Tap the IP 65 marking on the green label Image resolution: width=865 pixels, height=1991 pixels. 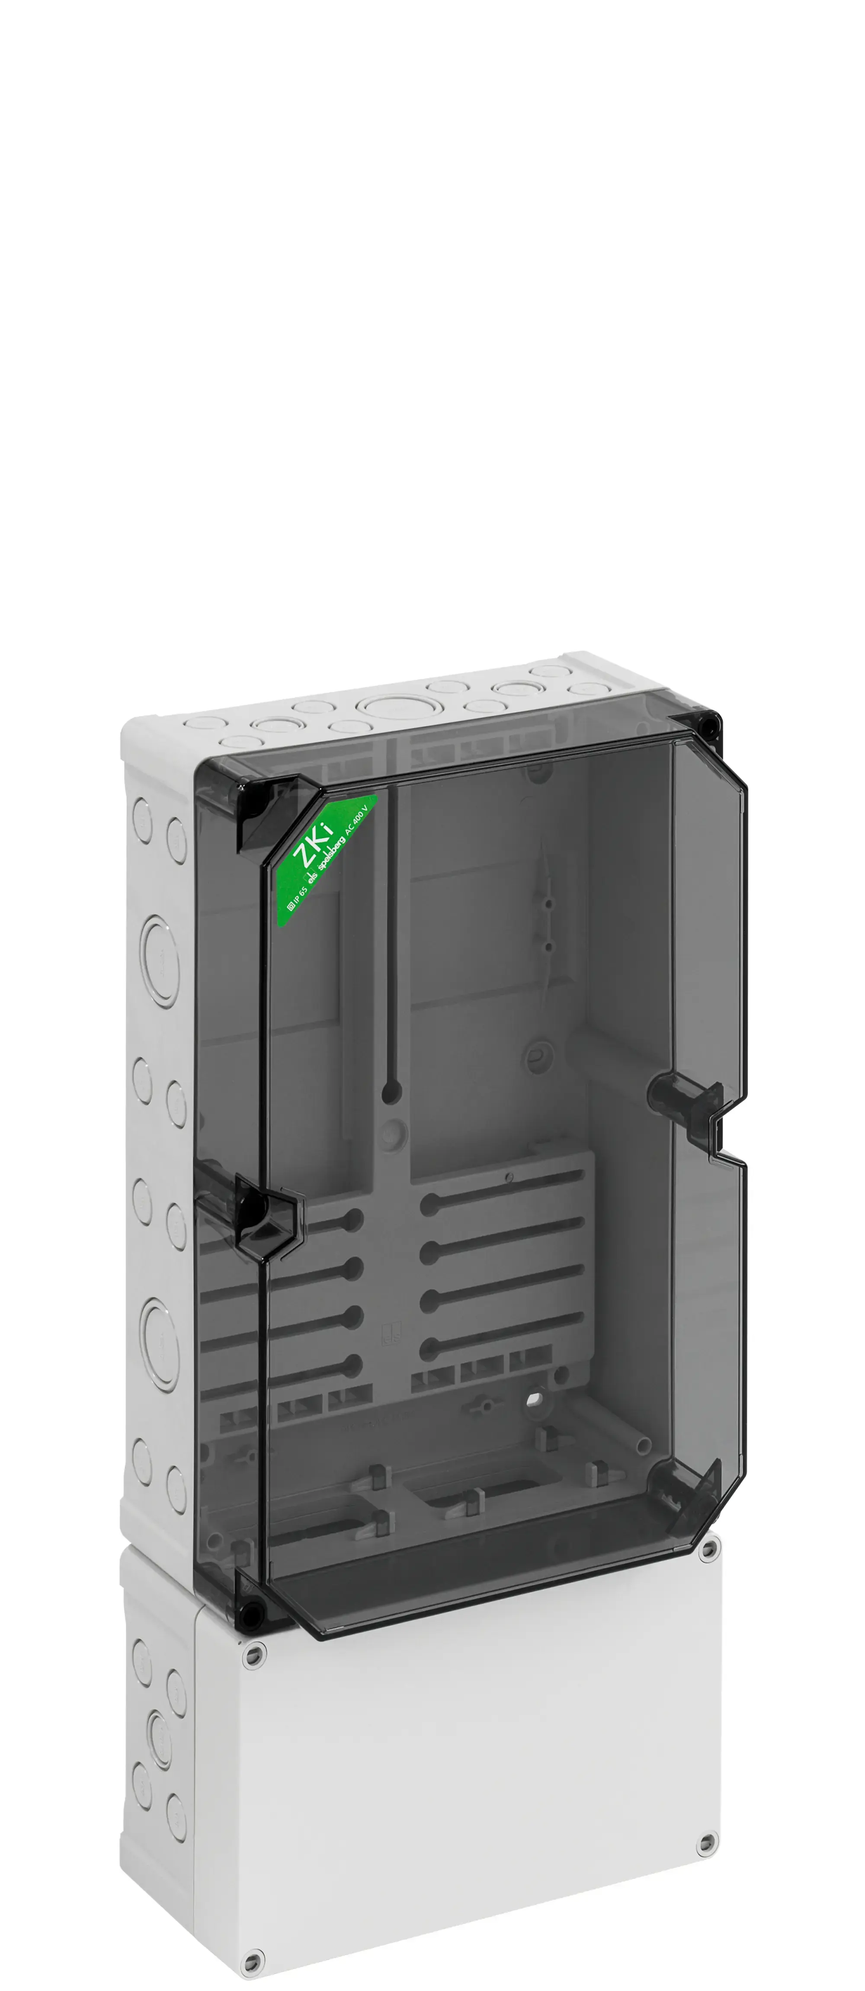pyautogui.click(x=298, y=899)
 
